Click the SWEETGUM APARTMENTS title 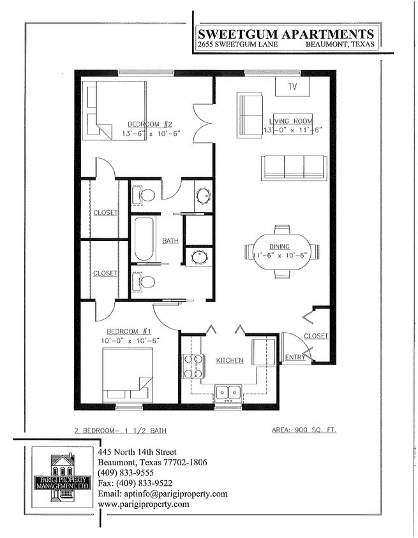pos(285,34)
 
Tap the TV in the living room pos(293,87)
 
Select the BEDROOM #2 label pos(151,124)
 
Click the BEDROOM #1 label pos(128,331)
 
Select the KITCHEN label pos(229,361)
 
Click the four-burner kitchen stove pos(193,366)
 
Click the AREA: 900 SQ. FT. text pos(300,430)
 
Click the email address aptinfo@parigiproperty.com pos(163,493)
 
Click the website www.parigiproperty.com pos(144,504)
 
